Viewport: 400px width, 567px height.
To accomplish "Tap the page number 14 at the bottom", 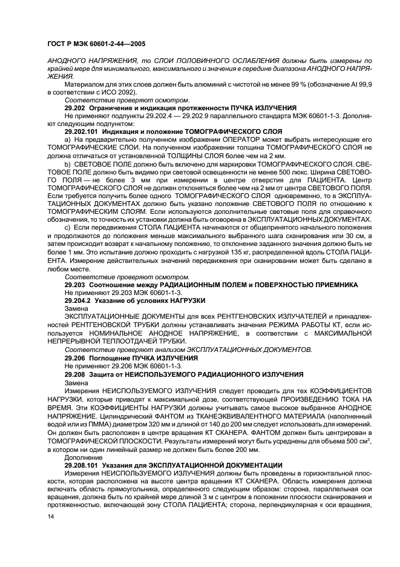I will click(51, 516).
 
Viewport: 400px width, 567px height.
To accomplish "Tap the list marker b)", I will click(68, 164).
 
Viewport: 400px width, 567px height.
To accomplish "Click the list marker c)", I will click(68, 226).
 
